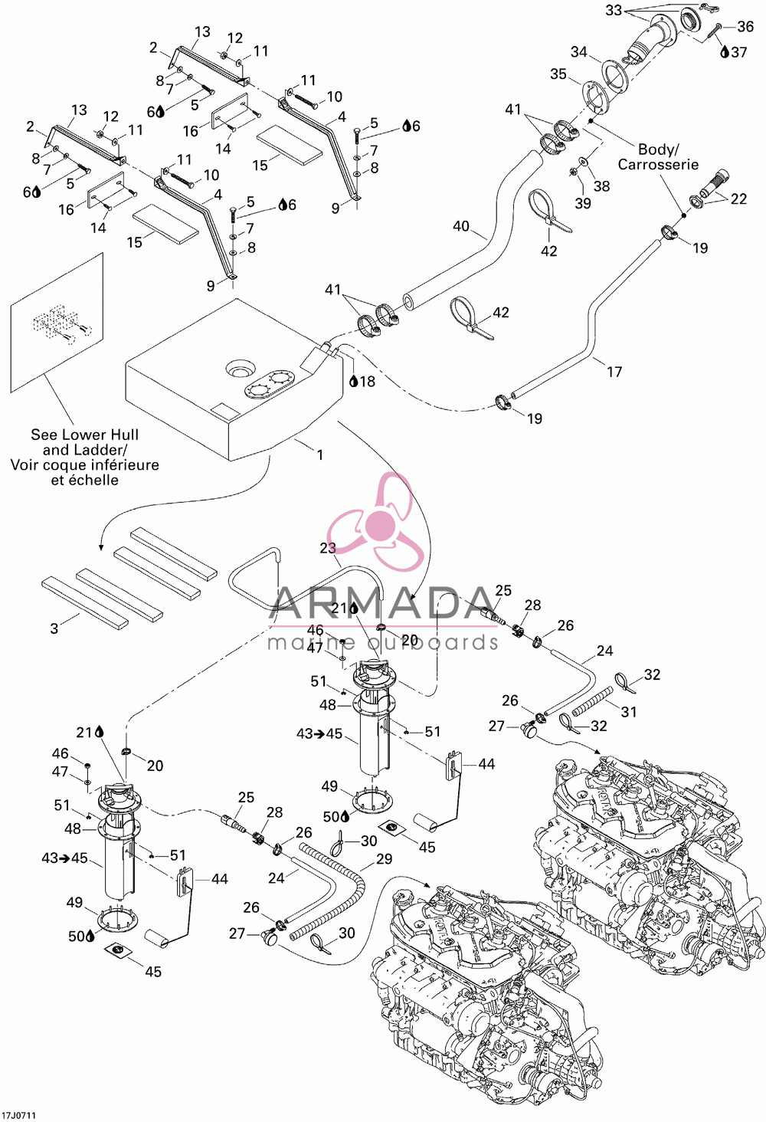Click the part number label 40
(x=460, y=226)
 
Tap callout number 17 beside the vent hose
(x=614, y=372)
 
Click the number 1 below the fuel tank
(x=320, y=454)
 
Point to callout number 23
(x=328, y=548)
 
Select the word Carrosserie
(x=658, y=164)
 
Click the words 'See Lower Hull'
(x=84, y=435)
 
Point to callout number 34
(x=579, y=51)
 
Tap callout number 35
(x=558, y=74)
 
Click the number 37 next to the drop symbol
(x=739, y=51)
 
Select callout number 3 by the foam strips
(x=54, y=628)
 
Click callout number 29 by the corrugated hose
(x=384, y=858)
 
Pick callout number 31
(x=629, y=711)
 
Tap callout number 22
(x=738, y=198)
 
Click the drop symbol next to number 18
(x=353, y=382)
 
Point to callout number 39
(x=583, y=203)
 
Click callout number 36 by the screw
(x=745, y=27)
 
